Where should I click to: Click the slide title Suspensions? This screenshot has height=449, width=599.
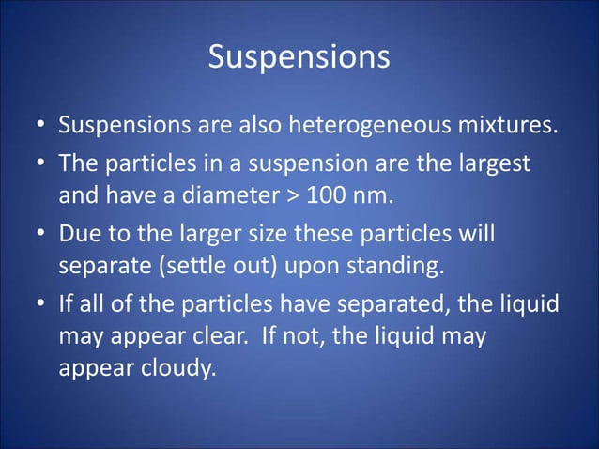pyautogui.click(x=299, y=57)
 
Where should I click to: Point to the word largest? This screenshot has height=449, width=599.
pyautogui.click(x=493, y=164)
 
